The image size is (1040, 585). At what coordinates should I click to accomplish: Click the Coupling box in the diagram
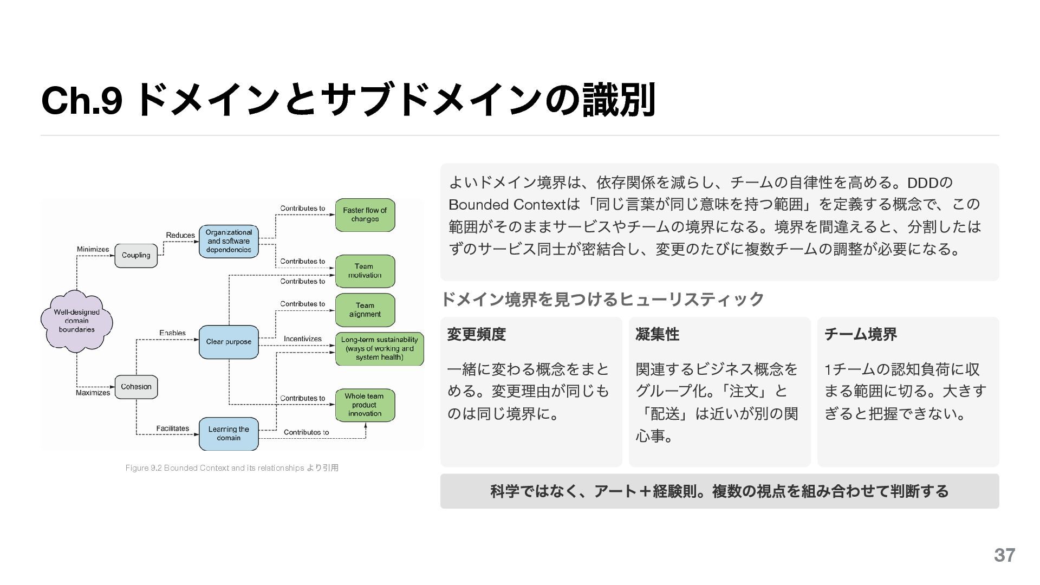136,255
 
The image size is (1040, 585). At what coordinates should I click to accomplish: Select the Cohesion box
136,387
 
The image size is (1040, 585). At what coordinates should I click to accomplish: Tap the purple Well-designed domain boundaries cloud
76,321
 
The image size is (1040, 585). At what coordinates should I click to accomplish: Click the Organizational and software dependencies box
229,241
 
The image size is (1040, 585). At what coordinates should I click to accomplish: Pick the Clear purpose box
229,342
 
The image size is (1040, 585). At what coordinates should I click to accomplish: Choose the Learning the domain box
229,433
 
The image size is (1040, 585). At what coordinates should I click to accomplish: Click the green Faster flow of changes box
365,215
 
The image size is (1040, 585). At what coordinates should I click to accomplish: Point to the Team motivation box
365,271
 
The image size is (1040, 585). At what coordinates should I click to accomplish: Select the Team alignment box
365,310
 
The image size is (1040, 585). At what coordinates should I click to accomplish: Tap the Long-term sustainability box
379,349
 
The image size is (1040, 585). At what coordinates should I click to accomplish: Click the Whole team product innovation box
365,405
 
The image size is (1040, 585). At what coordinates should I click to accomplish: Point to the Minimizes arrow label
93,250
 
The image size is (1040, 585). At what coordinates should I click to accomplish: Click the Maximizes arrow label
93,393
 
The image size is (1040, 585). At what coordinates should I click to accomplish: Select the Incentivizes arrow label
302,339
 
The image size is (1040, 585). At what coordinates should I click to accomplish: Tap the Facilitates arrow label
173,428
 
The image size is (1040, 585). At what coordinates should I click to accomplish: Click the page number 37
1004,555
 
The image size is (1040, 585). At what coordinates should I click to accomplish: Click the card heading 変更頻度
477,334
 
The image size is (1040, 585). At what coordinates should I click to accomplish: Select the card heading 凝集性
657,334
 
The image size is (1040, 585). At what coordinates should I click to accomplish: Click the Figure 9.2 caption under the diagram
232,468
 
